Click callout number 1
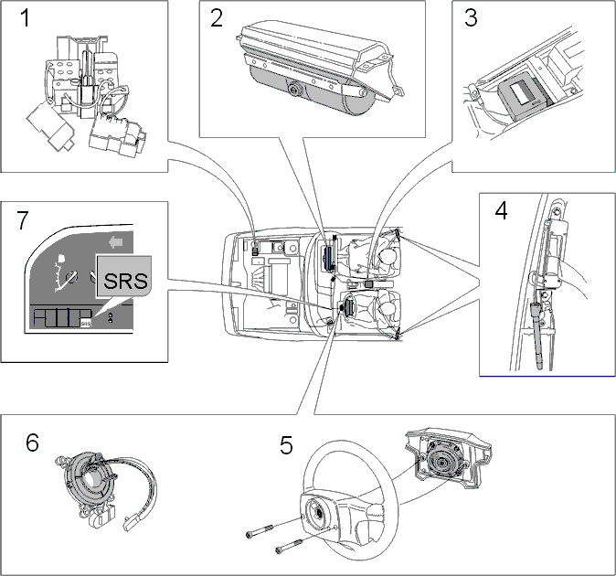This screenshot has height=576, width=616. click(25, 18)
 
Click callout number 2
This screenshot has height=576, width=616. click(217, 18)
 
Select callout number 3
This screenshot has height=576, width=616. click(471, 18)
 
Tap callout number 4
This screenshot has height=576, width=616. click(501, 211)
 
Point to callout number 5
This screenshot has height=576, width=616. click(286, 445)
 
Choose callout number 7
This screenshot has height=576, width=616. click(23, 220)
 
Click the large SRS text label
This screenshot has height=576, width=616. click(125, 281)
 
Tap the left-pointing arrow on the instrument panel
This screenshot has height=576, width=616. click(115, 242)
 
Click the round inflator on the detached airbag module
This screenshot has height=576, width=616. click(442, 463)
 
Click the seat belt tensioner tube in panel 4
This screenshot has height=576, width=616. click(537, 336)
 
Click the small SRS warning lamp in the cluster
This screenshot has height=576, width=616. click(85, 323)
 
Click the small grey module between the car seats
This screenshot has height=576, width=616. click(369, 283)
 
